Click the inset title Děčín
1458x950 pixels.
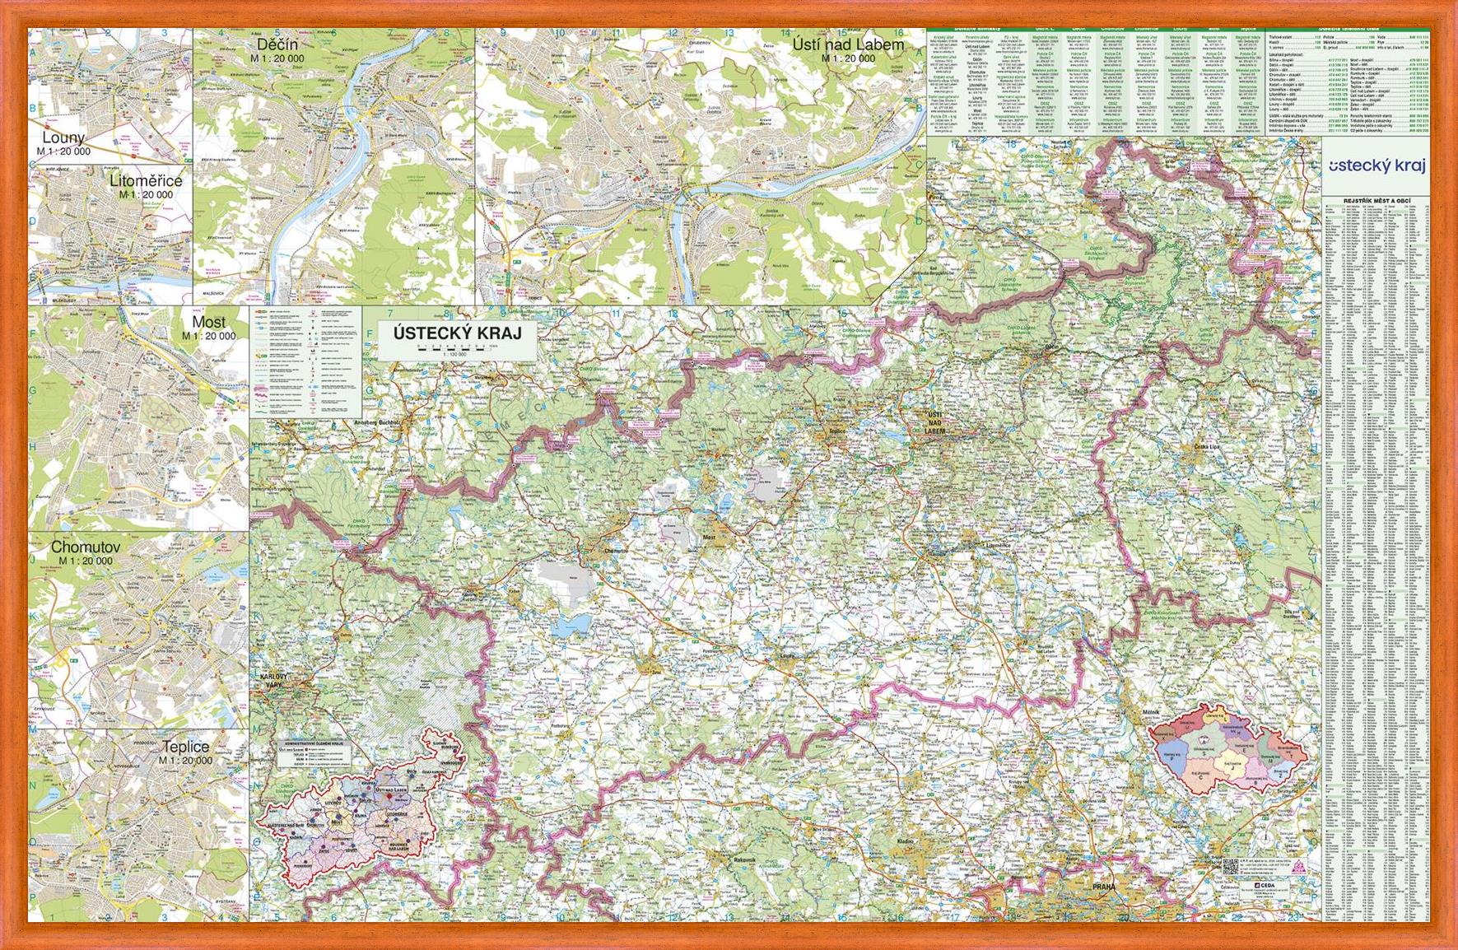point(277,44)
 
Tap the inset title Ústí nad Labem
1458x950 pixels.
point(848,44)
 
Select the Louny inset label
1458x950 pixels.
point(63,138)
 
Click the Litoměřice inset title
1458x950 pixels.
point(146,180)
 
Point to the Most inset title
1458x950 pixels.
point(208,322)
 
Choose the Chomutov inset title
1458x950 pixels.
point(86,547)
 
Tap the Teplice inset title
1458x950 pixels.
point(185,747)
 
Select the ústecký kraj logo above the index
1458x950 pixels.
point(1376,165)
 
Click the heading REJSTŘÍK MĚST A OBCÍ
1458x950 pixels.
point(1376,201)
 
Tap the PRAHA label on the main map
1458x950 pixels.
point(1103,887)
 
